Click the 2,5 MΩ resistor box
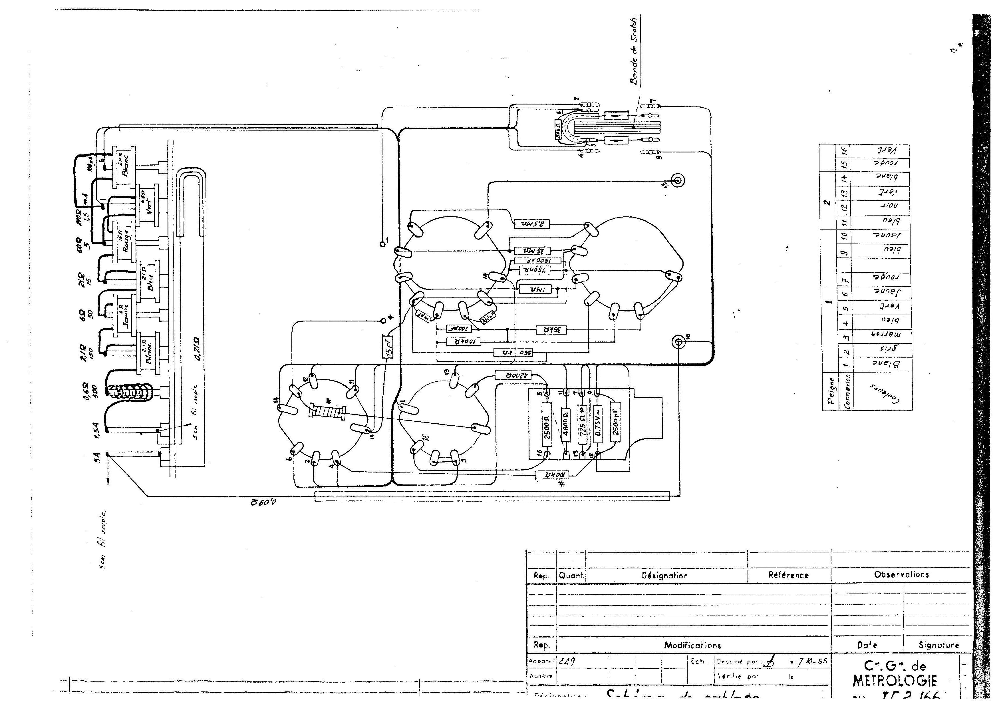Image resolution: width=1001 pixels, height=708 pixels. pos(532,224)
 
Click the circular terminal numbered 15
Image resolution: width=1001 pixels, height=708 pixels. pos(678,180)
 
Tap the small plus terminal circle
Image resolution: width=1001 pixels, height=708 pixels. pos(383,321)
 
